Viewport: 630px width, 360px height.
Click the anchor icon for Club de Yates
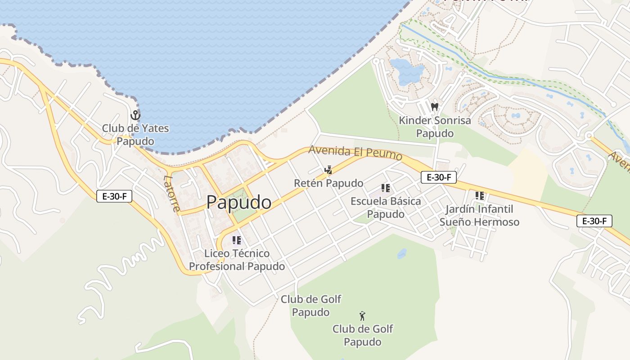coord(135,115)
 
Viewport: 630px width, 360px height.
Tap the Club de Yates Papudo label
coord(135,135)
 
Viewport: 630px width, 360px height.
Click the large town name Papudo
coord(239,202)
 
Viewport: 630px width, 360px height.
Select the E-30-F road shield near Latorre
coord(114,196)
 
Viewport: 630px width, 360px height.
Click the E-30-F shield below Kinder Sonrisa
coord(439,177)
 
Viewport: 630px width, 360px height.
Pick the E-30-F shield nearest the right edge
coord(594,221)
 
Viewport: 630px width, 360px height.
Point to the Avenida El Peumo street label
coord(355,153)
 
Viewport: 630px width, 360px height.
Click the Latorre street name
coord(172,194)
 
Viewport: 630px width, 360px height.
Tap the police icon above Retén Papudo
coord(328,170)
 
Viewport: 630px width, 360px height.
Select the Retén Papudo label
coord(328,183)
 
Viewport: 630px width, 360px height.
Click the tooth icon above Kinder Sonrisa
coord(434,107)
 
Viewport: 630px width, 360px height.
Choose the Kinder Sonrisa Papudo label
coord(435,127)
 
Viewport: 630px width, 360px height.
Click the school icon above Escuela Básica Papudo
coord(386,188)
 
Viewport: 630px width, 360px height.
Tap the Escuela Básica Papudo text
coord(386,207)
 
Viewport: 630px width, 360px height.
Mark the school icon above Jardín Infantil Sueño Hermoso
coord(480,196)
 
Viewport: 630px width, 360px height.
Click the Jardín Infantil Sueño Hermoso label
coord(479,216)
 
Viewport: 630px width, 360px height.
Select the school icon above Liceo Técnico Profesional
coord(237,240)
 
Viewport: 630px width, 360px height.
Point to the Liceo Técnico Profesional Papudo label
coord(237,260)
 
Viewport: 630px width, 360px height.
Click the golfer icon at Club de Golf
coord(362,316)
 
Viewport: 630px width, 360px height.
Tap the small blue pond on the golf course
coord(402,254)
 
